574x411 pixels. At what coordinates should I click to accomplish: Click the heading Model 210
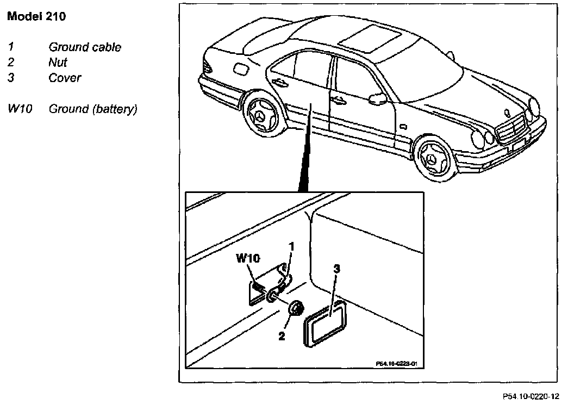pyautogui.click(x=36, y=17)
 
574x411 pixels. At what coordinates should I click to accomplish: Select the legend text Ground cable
pyautogui.click(x=85, y=47)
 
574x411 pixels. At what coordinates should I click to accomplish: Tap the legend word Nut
pyautogui.click(x=58, y=63)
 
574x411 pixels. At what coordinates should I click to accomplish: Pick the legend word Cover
pyautogui.click(x=65, y=78)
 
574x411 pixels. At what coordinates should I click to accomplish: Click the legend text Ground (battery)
pyautogui.click(x=93, y=109)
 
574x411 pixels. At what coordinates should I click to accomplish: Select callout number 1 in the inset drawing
pyautogui.click(x=291, y=247)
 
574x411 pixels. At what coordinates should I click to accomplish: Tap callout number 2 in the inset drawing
pyautogui.click(x=282, y=336)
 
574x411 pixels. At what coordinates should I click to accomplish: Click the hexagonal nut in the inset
pyautogui.click(x=296, y=309)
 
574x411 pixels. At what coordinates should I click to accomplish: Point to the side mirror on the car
pyautogui.click(x=378, y=98)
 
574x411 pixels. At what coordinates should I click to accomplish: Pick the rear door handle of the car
pyautogui.click(x=280, y=82)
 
